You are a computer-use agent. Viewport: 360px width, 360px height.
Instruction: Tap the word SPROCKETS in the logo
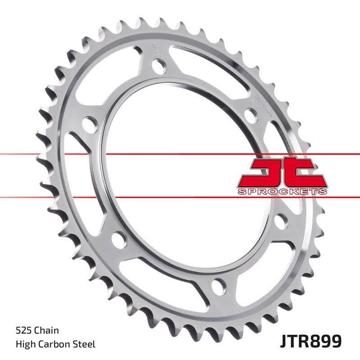282,191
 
